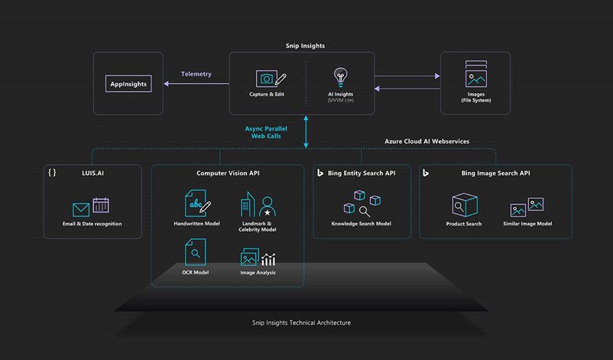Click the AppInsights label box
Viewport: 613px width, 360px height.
tap(128, 83)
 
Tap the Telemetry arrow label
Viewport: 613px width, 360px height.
tap(196, 74)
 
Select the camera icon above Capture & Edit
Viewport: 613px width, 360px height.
tap(266, 79)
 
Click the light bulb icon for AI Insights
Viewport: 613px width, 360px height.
tap(340, 77)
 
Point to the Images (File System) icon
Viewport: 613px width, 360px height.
tap(475, 74)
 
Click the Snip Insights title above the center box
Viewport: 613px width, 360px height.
tap(305, 46)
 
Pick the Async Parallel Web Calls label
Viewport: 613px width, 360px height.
tap(266, 132)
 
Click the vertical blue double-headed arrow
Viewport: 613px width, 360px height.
tap(306, 131)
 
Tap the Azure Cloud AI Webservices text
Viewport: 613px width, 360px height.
tap(427, 141)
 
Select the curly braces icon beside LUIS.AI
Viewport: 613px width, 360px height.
tap(52, 173)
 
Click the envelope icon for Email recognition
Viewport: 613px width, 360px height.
tap(81, 209)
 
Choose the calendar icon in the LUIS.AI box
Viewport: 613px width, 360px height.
tap(101, 205)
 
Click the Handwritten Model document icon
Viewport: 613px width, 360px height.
tap(197, 203)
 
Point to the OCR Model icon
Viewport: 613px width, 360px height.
tap(195, 252)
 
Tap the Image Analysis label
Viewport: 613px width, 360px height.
tap(258, 272)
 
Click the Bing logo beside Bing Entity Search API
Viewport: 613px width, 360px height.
tap(320, 173)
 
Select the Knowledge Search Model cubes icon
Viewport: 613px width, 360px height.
tap(362, 203)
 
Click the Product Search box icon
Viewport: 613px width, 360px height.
tap(465, 205)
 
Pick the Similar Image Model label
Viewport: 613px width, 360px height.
tap(527, 224)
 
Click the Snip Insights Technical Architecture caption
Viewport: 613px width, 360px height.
tap(301, 323)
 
